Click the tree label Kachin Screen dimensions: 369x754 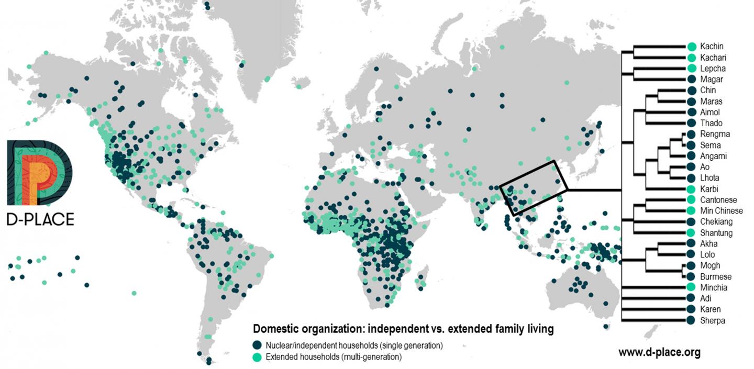click(711, 47)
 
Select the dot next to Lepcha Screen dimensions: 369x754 click(692, 69)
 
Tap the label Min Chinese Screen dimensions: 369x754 click(721, 211)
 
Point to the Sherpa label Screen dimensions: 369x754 click(712, 320)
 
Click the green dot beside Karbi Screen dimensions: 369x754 click(692, 189)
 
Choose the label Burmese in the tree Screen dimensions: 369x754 click(715, 276)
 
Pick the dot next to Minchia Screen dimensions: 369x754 click(692, 287)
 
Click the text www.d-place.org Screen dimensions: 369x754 click(659, 352)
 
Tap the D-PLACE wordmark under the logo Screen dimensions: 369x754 click(40, 219)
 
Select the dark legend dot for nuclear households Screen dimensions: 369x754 click(257, 345)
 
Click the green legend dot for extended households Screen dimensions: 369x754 click(257, 357)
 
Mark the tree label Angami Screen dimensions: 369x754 click(713, 156)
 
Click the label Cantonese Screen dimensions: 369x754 click(718, 200)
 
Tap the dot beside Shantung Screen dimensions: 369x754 click(692, 233)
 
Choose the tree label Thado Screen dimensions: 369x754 click(711, 123)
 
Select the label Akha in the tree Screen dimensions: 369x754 click(708, 243)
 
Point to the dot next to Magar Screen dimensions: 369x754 click(692, 80)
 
